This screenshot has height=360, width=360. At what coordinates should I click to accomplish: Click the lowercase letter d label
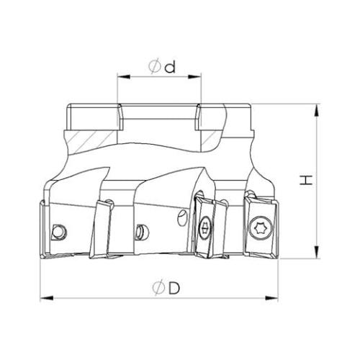170,66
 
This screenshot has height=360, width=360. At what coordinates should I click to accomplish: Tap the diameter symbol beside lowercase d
154,66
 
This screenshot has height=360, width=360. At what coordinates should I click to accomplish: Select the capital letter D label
174,288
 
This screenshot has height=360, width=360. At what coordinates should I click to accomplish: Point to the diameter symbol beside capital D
158,288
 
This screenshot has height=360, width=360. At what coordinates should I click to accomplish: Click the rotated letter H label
306,180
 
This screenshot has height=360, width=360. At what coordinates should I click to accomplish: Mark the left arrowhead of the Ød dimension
124,77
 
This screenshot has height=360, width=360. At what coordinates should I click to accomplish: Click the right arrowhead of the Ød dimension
194,77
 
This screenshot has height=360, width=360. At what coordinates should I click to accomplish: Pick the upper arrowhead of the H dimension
317,111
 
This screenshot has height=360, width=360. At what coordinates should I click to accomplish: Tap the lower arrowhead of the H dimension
317,252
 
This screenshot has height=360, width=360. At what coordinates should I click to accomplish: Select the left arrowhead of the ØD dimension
47,298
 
